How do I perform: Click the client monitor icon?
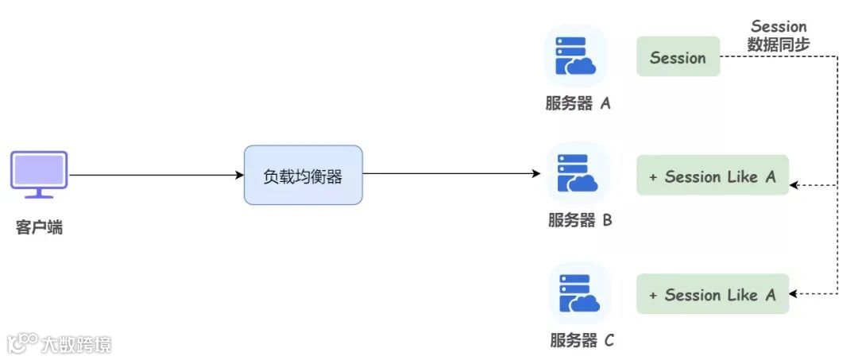(x=39, y=174)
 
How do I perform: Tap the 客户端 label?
(x=39, y=228)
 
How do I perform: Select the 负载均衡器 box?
(x=303, y=175)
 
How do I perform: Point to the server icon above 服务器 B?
(x=578, y=173)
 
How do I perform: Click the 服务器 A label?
(x=578, y=103)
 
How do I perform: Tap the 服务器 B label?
(x=580, y=221)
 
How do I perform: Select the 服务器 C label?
(x=582, y=341)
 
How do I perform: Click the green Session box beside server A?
(x=678, y=57)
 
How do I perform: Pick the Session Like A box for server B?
(x=712, y=176)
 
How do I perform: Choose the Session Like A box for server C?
(x=712, y=294)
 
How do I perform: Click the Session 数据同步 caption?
(x=779, y=37)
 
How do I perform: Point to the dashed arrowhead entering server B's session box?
(x=794, y=186)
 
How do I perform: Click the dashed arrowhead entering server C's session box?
(x=794, y=294)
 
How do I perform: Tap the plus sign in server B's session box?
(x=653, y=177)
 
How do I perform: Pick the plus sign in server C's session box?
(x=653, y=296)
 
